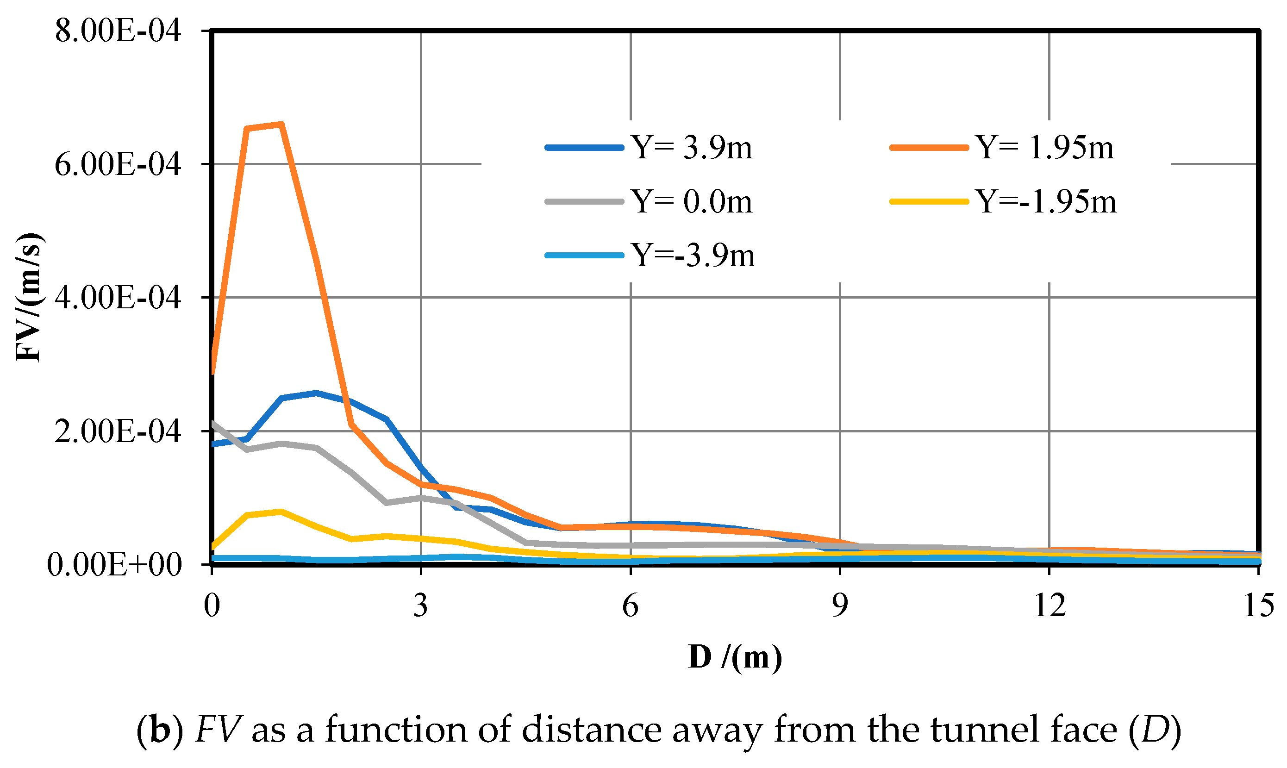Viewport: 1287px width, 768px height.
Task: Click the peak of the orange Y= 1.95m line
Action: point(281,124)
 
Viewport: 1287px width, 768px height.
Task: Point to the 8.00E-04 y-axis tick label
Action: point(118,31)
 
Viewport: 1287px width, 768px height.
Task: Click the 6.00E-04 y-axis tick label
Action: point(118,165)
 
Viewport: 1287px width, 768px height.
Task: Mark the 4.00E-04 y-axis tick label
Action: point(118,298)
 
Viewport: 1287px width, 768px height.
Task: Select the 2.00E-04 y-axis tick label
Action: point(118,431)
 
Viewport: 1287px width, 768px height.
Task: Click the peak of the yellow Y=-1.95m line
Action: point(281,512)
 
